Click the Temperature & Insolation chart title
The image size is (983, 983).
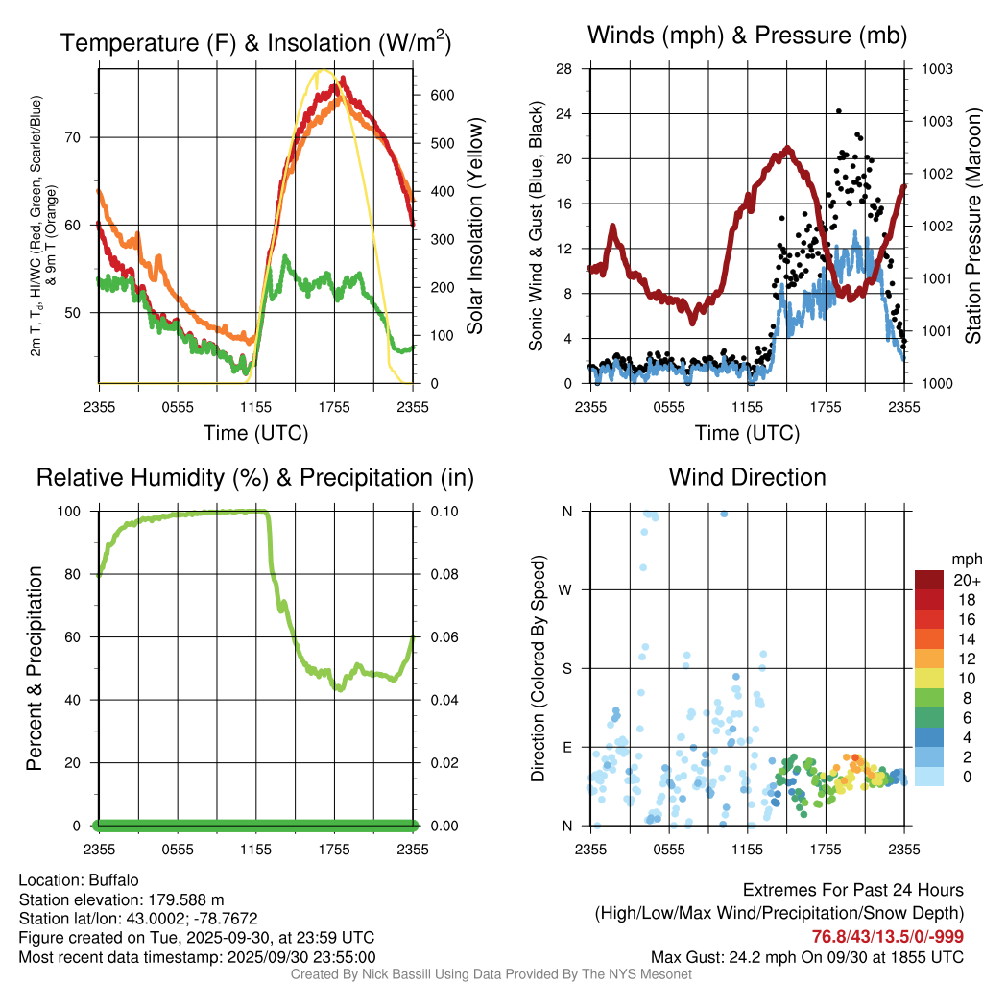pyautogui.click(x=255, y=42)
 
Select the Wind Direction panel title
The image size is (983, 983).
pyautogui.click(x=747, y=477)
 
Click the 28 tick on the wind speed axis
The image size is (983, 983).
pyautogui.click(x=564, y=69)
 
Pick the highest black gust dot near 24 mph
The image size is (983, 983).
pyautogui.click(x=838, y=111)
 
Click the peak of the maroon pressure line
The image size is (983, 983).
pyautogui.click(x=788, y=148)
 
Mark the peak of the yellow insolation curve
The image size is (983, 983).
pyautogui.click(x=323, y=71)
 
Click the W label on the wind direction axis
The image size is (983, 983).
pyautogui.click(x=566, y=589)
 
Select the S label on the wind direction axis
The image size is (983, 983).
pyautogui.click(x=567, y=668)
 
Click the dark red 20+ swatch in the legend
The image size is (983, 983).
pyautogui.click(x=928, y=580)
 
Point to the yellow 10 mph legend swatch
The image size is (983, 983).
pyautogui.click(x=928, y=677)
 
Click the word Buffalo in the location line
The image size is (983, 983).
pyautogui.click(x=114, y=879)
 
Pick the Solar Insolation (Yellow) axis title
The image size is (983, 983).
pyautogui.click(x=474, y=227)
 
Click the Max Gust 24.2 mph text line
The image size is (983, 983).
pyautogui.click(x=807, y=957)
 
